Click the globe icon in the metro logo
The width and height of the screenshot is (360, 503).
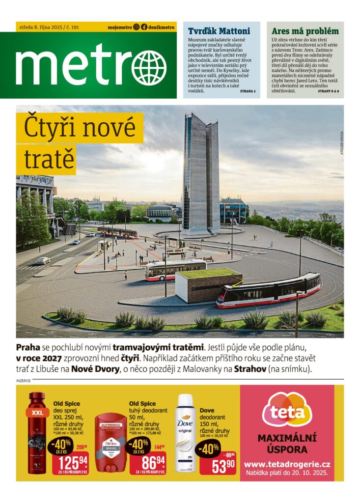click(149, 68)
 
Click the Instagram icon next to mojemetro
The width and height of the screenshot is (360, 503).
click(136, 28)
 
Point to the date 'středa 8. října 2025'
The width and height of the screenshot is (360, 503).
click(39, 28)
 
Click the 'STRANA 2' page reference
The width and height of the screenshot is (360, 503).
click(248, 91)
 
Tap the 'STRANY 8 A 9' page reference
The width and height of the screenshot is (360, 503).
click(328, 91)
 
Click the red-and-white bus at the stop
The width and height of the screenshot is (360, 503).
click(175, 270)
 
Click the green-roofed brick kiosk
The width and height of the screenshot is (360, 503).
click(208, 285)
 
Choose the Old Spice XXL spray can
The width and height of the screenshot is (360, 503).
click(37, 432)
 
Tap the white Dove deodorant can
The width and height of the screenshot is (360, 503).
click(185, 432)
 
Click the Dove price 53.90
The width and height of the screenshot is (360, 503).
click(224, 465)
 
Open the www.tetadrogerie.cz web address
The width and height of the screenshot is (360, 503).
click(287, 464)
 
